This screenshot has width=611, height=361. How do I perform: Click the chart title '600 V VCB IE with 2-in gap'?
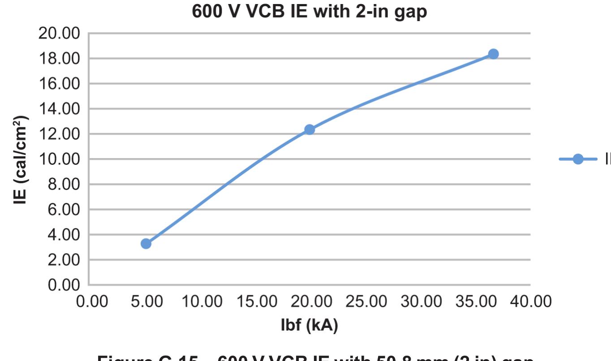[x=309, y=12]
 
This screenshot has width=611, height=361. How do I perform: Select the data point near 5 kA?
[x=146, y=244]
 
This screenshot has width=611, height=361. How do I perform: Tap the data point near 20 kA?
[x=310, y=129]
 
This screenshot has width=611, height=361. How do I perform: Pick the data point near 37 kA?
[x=493, y=54]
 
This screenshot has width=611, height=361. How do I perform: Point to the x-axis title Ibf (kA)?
[x=309, y=326]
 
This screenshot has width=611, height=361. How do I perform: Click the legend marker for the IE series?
[x=578, y=159]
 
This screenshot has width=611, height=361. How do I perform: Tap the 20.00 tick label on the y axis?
[x=59, y=34]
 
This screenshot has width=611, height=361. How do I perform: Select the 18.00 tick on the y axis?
[x=59, y=59]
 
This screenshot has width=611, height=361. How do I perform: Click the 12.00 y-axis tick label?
[x=59, y=134]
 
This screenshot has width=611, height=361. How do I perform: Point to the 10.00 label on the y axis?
[x=59, y=159]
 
